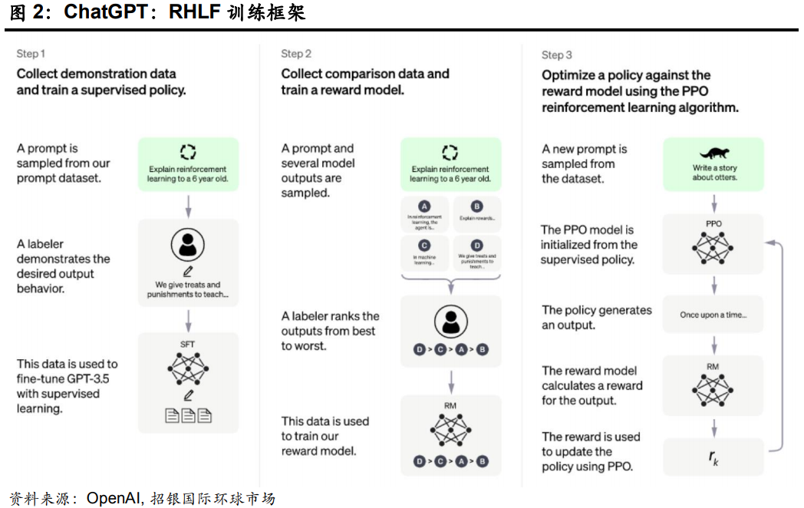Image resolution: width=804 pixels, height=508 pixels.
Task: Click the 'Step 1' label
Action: point(31,54)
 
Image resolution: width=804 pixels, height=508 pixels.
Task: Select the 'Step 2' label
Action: point(296,54)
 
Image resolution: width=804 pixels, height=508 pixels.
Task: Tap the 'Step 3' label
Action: point(557,54)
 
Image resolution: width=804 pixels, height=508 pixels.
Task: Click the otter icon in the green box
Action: point(714,153)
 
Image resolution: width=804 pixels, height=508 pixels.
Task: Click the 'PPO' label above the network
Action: point(713,224)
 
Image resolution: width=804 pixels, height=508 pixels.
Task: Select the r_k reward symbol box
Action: point(713,457)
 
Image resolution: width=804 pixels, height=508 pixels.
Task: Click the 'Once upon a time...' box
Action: point(713,315)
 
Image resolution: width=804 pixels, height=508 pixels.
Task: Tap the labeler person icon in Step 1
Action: point(188,243)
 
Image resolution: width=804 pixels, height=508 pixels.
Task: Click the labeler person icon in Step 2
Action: point(450,320)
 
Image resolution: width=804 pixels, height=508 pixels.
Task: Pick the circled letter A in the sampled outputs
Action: point(425,206)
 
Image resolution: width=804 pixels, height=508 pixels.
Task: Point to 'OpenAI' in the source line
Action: point(113,498)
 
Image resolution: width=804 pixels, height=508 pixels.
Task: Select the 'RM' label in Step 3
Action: point(713,366)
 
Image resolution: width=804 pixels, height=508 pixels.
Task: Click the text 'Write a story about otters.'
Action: point(714,172)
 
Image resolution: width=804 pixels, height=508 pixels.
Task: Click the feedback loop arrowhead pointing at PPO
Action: point(769,242)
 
